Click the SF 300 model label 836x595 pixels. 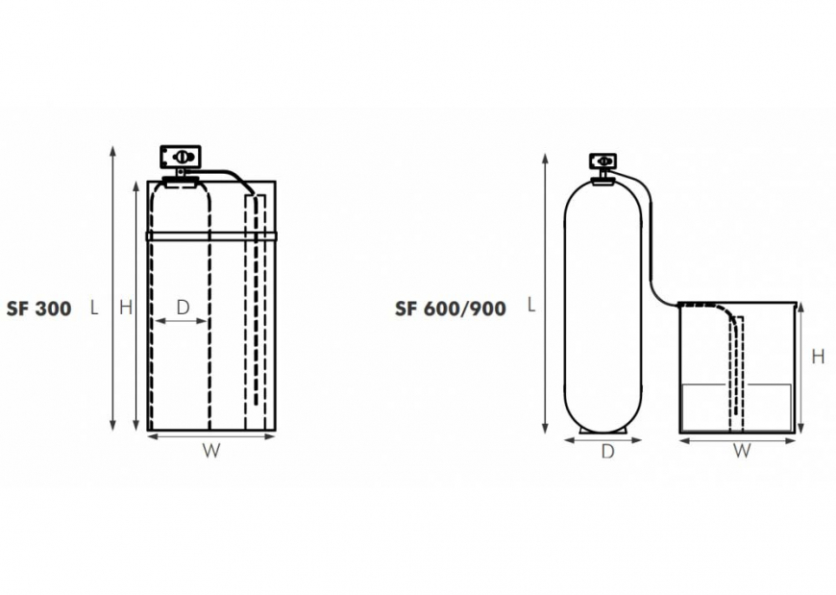pos(38,309)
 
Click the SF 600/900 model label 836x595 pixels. pos(450,309)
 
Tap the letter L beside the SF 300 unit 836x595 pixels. pos(94,309)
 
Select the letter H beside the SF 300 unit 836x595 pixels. pos(125,308)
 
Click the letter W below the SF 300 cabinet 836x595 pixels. pos(211,452)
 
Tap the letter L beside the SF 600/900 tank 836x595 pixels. pos(530,305)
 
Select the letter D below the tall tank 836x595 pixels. pos(607,452)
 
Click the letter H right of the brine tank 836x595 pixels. pos(818,357)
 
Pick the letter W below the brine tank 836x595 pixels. pos(742,451)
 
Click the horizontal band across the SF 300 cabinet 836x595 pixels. pos(211,234)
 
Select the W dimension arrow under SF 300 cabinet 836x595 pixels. pos(211,435)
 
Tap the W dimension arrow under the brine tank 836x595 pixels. pos(737,440)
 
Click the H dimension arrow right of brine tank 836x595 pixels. pos(800,365)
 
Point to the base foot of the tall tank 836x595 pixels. pos(603,429)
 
